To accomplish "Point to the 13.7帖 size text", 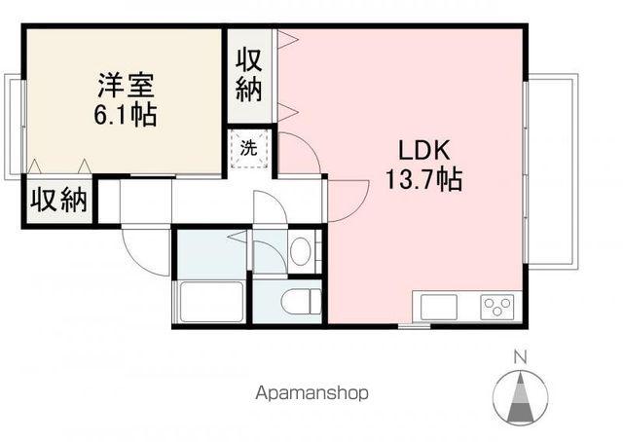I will [x=422, y=180].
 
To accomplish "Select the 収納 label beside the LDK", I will [x=250, y=74].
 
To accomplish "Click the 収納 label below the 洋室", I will [x=58, y=202].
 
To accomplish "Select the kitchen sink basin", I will [x=434, y=308].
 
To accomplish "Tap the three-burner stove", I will [x=496, y=308].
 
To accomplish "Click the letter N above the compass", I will [x=520, y=355].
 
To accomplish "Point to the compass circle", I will [x=520, y=395].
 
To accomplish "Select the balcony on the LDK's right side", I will [x=551, y=169].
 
